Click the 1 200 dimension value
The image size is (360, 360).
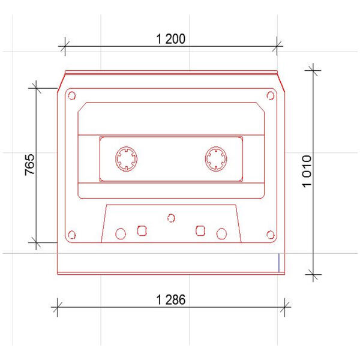[170, 39]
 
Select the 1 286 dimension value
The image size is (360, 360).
[170, 300]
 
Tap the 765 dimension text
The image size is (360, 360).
[30, 165]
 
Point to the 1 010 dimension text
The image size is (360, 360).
[307, 171]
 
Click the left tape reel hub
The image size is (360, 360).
[126, 159]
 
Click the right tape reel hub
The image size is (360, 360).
[216, 159]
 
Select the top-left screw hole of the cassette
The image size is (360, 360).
[72, 95]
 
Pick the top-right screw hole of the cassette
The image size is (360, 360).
[271, 95]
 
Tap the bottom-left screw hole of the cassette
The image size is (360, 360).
[72, 235]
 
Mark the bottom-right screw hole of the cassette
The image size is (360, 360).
[271, 235]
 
